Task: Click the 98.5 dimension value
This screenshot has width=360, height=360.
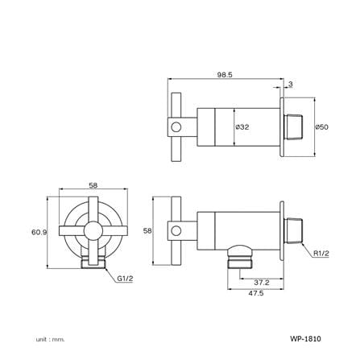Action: pos(225,75)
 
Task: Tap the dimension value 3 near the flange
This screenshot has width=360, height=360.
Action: pos(291,85)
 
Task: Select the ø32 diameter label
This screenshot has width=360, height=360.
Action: pos(242,127)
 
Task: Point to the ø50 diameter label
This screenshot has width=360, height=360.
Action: pos(322,126)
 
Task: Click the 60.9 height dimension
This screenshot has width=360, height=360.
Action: pos(39,232)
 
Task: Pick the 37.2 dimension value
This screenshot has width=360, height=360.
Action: pos(262,283)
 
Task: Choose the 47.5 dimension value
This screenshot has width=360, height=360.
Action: pos(256,293)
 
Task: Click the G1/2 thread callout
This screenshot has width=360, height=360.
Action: pos(125,279)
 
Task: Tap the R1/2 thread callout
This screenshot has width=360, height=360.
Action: pos(321,253)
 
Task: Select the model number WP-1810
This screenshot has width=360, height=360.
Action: pos(305,339)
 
